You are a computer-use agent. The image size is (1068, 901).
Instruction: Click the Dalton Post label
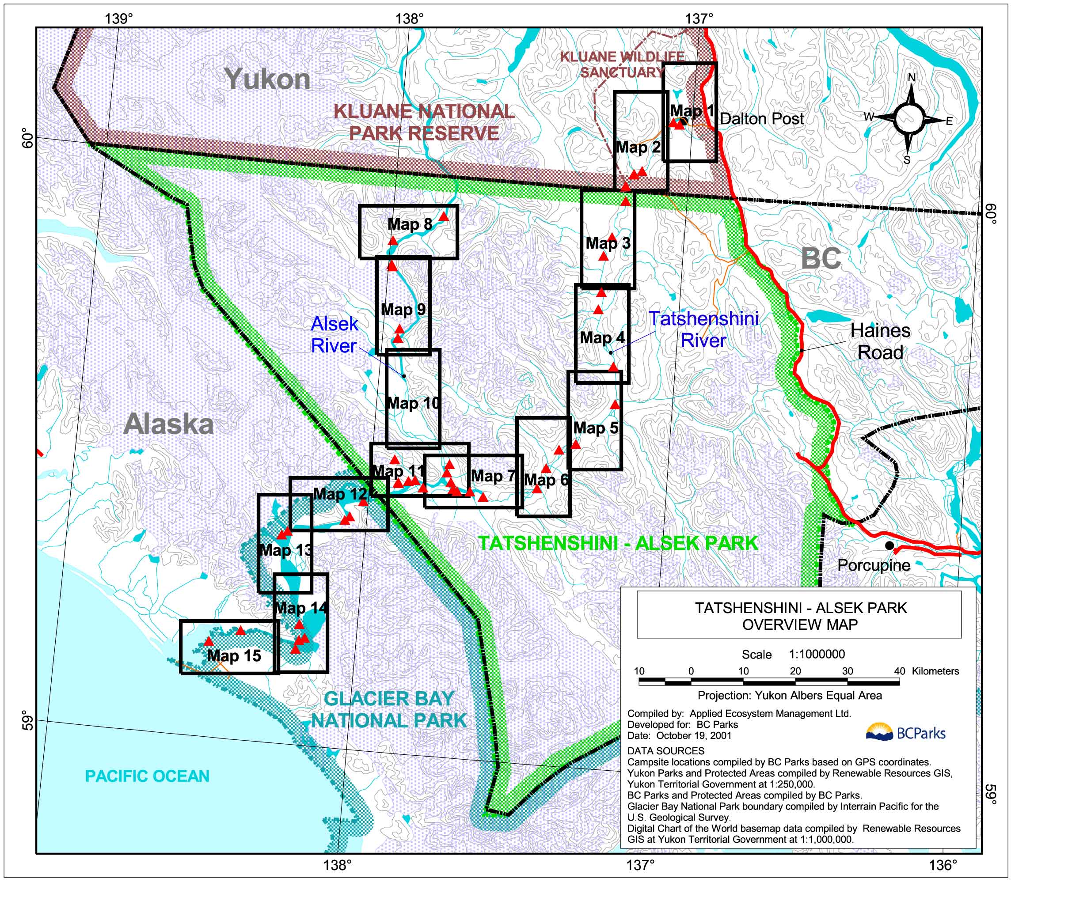761,119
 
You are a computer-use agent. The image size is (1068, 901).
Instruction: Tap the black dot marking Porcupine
889,545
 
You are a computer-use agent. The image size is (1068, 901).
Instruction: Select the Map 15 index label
234,656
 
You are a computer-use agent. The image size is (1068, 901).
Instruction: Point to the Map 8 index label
410,224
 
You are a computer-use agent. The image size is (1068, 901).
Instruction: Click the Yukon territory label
267,79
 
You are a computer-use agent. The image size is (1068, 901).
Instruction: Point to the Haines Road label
880,341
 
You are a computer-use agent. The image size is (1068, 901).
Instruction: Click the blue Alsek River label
334,335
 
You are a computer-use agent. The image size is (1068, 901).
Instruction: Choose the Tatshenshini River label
703,329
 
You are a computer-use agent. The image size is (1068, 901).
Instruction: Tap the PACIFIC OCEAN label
147,776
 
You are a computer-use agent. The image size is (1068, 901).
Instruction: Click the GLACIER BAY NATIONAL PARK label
389,709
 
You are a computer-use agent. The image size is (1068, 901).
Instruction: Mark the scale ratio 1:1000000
817,654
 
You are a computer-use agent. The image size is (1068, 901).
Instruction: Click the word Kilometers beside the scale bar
935,671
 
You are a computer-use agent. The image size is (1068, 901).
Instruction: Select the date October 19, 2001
693,735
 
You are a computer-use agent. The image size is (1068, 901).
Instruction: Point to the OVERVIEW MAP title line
800,625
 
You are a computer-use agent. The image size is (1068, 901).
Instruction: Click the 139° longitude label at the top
119,19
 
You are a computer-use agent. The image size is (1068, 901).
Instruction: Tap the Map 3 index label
608,243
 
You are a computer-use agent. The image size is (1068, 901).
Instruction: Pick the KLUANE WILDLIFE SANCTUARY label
622,64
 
